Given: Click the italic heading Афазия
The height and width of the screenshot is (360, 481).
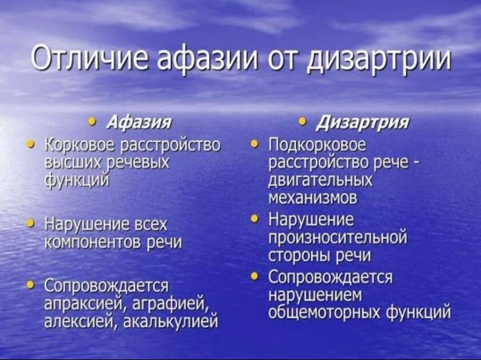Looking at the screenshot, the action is coord(139,122).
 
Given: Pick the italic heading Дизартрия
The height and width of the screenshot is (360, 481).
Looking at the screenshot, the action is coord(363,122).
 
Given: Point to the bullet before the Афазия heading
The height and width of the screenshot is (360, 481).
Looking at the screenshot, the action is coord(92,121).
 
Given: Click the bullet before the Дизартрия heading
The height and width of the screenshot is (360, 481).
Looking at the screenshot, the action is coord(303,121).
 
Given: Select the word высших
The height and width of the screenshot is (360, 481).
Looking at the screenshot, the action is coord(73,162).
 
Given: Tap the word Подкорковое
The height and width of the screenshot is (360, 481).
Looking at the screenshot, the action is coord(317,145).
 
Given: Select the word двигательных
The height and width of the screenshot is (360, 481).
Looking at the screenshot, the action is coord(320,180).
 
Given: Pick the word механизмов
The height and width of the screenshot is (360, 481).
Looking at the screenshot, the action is coord(313,198).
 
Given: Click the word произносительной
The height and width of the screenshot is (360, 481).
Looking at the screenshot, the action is coord(338,238).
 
